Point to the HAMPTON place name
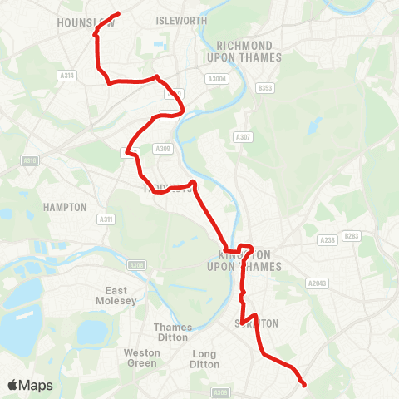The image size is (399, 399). point(66,207)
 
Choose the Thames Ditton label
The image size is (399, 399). point(173,332)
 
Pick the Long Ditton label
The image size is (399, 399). point(204,359)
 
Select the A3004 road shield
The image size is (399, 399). point(217,79)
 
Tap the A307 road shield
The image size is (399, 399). point(243,137)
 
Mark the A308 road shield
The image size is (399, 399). point(136,265)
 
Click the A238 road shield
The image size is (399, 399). point(326,239)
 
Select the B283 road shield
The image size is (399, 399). point(352,236)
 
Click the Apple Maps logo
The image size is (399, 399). point(30,385)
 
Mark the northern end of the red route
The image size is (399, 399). point(119,13)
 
